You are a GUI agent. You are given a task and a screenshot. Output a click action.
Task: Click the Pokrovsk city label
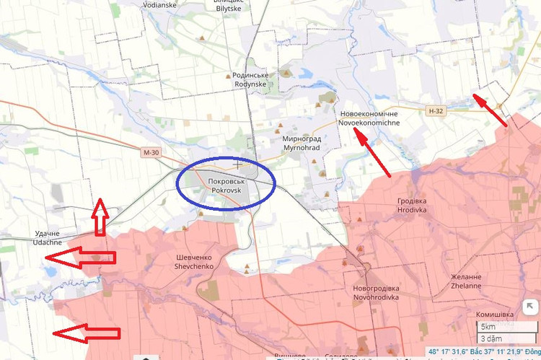click(226, 185)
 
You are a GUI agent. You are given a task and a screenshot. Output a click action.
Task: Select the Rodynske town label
click(250, 79)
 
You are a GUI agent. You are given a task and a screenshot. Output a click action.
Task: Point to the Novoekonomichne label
click(369, 118)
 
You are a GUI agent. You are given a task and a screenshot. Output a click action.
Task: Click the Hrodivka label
click(412, 205)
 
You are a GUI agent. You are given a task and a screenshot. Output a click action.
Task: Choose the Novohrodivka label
click(374, 291)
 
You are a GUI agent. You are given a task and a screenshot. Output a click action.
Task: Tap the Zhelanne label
click(466, 281)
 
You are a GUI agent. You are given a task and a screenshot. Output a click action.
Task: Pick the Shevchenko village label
click(195, 261)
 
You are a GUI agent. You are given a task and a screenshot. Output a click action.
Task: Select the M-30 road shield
click(150, 152)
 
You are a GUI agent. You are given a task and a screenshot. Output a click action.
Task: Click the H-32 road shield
click(435, 111)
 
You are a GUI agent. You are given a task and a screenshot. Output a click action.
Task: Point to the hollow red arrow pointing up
click(100, 219)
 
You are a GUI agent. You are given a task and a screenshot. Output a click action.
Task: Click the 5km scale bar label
click(490, 327)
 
